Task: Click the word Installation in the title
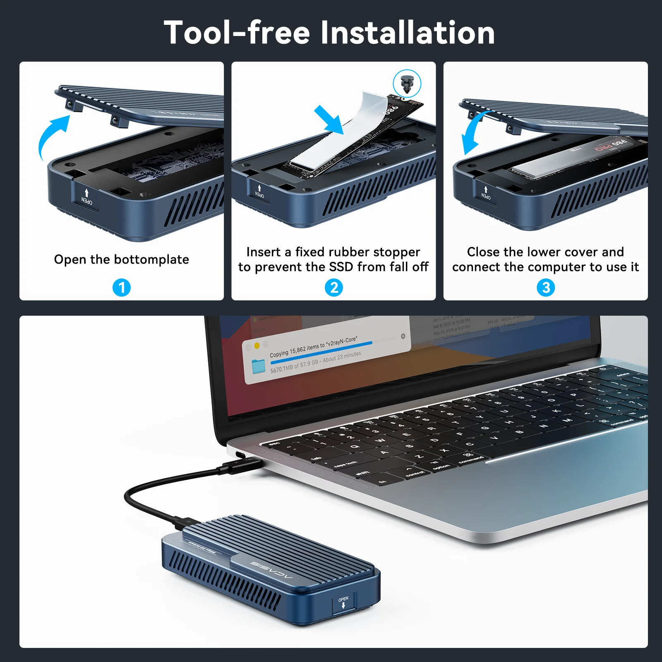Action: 407,33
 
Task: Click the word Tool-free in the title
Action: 237,33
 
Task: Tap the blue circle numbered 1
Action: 122,288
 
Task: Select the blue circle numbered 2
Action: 334,288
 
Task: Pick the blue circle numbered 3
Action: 546,288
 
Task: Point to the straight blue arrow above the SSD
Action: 329,120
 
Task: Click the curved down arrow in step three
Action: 474,132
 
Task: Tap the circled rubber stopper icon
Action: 407,83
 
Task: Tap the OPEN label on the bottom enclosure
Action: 343,599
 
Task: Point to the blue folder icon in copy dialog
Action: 259,366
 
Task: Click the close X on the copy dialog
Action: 403,336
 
